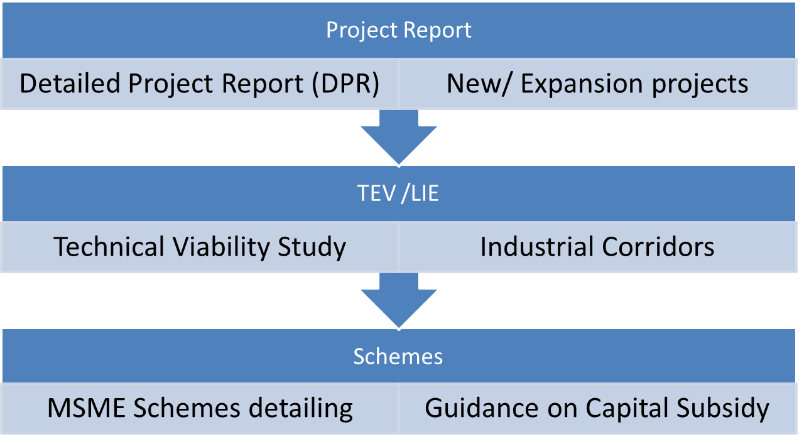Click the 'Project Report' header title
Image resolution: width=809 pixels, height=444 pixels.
click(x=399, y=30)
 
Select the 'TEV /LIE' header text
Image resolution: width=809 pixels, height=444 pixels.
click(x=398, y=193)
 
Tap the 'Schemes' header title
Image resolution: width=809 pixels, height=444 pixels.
click(x=398, y=357)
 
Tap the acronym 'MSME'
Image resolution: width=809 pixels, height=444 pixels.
click(x=84, y=409)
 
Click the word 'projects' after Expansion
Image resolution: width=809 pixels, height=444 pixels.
click(x=699, y=84)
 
